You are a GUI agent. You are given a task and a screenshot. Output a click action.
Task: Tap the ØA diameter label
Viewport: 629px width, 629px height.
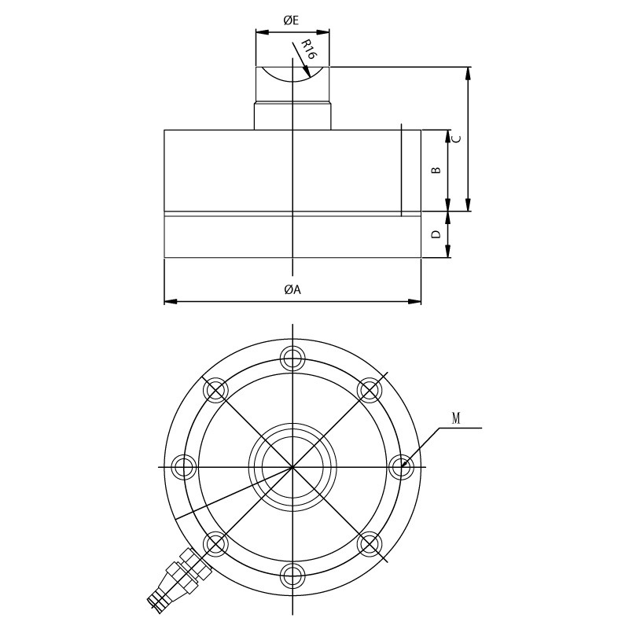pyautogui.click(x=292, y=289)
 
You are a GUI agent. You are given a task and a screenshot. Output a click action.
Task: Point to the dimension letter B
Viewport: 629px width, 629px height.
pyautogui.click(x=437, y=170)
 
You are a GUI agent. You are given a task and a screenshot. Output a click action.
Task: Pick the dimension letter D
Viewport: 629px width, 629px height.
pyautogui.click(x=437, y=234)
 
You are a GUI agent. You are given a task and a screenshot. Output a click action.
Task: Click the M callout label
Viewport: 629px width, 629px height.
pyautogui.click(x=457, y=419)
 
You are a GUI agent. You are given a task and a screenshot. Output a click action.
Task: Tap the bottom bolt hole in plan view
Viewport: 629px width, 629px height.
pyautogui.click(x=292, y=576)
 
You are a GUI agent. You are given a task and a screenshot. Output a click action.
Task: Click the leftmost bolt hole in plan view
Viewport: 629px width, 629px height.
pyautogui.click(x=183, y=466)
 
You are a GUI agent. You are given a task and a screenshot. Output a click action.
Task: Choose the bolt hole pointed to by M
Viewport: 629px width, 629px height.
pyautogui.click(x=402, y=466)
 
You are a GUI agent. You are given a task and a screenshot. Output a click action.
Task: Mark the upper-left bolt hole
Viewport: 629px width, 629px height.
pyautogui.click(x=215, y=389)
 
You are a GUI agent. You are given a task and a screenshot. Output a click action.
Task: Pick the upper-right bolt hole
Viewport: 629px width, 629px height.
pyautogui.click(x=370, y=389)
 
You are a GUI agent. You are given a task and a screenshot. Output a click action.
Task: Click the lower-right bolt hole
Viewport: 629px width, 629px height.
pyautogui.click(x=370, y=543)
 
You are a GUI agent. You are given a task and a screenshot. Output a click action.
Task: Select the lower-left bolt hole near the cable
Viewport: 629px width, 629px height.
pyautogui.click(x=215, y=543)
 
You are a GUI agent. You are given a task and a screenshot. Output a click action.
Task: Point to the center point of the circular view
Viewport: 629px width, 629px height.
pyautogui.click(x=292, y=466)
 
